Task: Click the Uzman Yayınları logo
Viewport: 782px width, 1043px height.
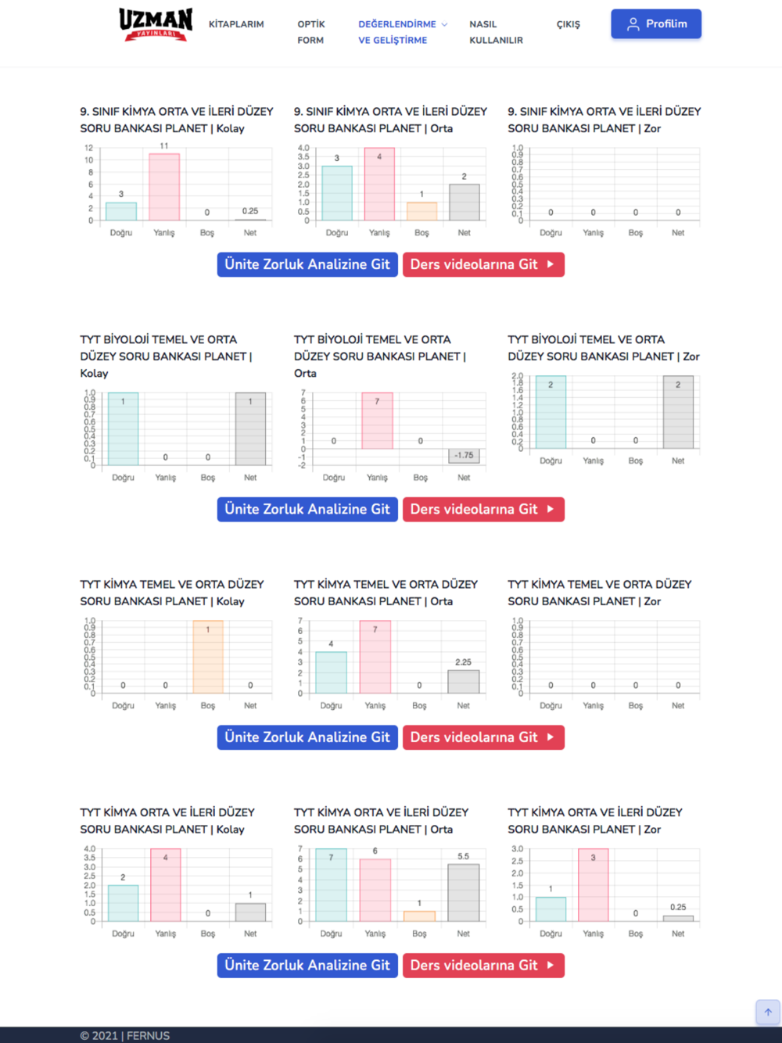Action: [x=156, y=24]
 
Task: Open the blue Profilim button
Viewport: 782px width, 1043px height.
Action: [x=656, y=24]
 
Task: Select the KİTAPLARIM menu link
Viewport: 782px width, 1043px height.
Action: [x=236, y=24]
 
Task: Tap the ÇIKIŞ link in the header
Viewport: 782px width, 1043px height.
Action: [x=569, y=24]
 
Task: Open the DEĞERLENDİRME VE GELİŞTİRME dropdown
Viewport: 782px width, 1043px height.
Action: [x=403, y=32]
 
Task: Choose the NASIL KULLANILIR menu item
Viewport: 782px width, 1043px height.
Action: [x=496, y=32]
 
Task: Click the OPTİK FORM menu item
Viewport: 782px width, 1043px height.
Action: [x=311, y=32]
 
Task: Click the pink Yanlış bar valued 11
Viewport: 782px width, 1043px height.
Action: [x=164, y=187]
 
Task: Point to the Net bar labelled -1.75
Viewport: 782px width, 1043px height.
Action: [x=464, y=455]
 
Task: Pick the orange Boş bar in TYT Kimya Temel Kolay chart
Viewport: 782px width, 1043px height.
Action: [x=208, y=657]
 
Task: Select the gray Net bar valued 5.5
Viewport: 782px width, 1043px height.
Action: [x=464, y=893]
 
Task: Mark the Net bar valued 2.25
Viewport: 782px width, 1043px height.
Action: [x=464, y=681]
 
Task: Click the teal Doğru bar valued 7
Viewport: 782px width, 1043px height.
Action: [x=331, y=885]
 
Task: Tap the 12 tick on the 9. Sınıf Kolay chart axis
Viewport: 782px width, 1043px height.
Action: [x=88, y=148]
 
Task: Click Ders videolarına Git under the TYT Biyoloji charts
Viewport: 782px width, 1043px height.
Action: [x=483, y=509]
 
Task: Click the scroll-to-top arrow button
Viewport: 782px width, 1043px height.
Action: [x=768, y=1012]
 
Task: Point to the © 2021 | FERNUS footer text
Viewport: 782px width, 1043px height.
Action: [x=124, y=1035]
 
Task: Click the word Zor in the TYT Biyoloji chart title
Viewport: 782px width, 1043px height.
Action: [x=691, y=357]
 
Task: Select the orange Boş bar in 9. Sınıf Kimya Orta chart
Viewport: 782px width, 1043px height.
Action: [x=421, y=211]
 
